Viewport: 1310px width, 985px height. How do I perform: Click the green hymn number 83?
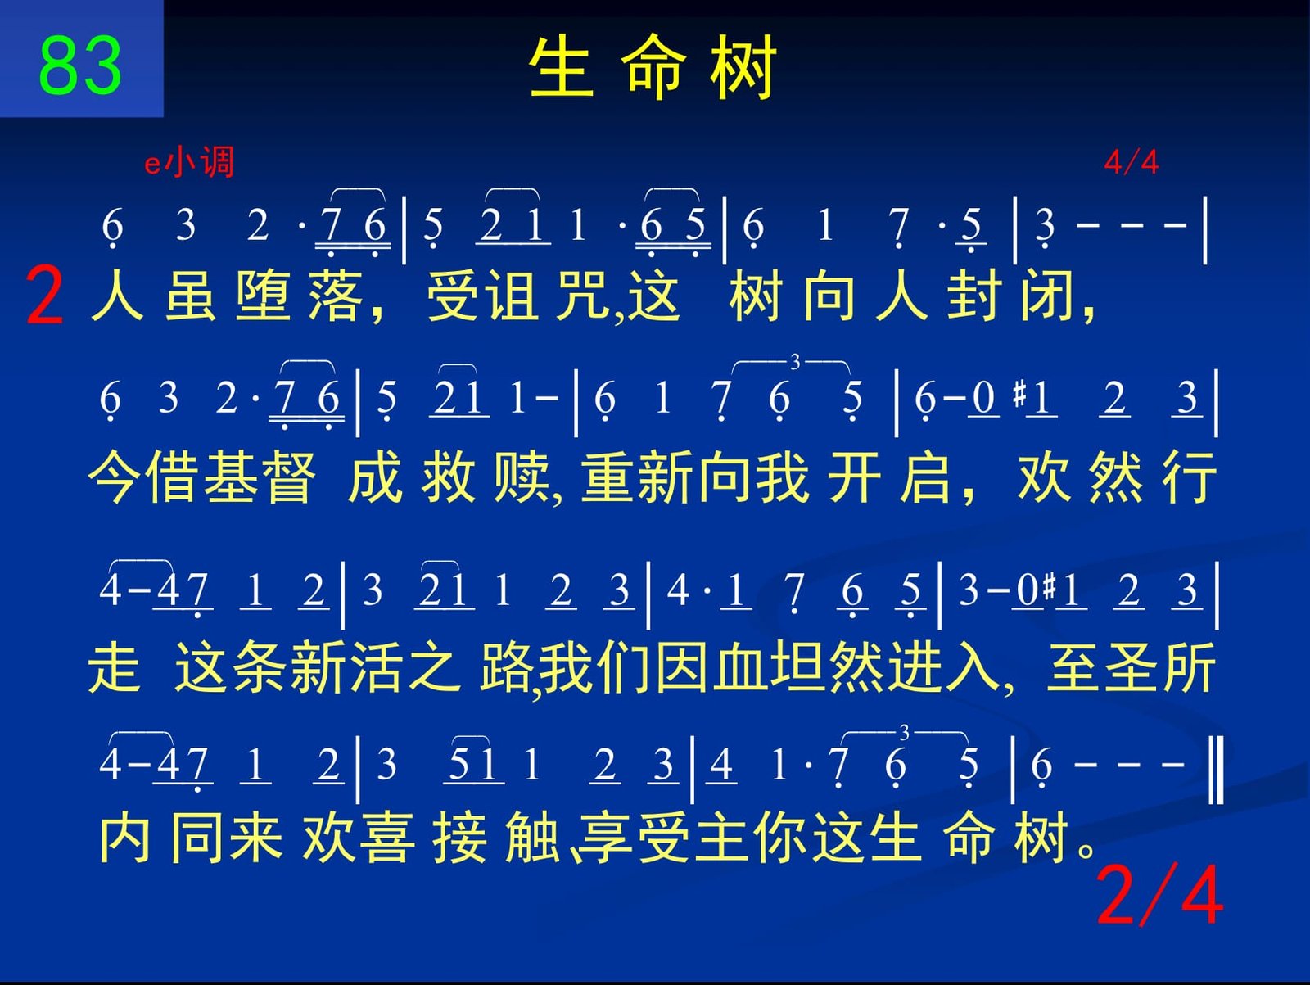click(80, 65)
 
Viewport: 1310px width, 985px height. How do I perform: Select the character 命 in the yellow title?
click(653, 66)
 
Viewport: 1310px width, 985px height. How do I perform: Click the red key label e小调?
click(188, 161)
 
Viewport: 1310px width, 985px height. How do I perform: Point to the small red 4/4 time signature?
click(1131, 161)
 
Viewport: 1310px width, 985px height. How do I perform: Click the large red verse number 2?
click(45, 296)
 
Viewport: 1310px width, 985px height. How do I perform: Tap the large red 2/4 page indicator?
click(1159, 896)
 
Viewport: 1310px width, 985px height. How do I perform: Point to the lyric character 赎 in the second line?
click(521, 477)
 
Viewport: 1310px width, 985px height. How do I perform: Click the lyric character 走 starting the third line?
click(114, 666)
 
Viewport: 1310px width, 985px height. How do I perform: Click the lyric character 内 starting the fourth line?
click(124, 838)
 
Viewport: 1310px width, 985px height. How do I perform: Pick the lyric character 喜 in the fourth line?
click(387, 838)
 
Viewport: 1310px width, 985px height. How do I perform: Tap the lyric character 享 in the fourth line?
click(604, 838)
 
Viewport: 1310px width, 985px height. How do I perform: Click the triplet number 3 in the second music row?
click(794, 362)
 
